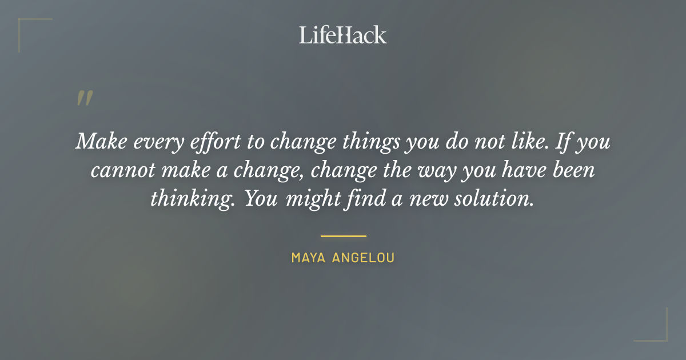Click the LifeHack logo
click(x=342, y=35)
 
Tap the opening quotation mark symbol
click(x=84, y=99)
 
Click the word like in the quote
click(x=532, y=141)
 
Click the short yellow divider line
click(x=343, y=235)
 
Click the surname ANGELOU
click(x=364, y=258)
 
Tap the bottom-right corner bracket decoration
click(x=657, y=331)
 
